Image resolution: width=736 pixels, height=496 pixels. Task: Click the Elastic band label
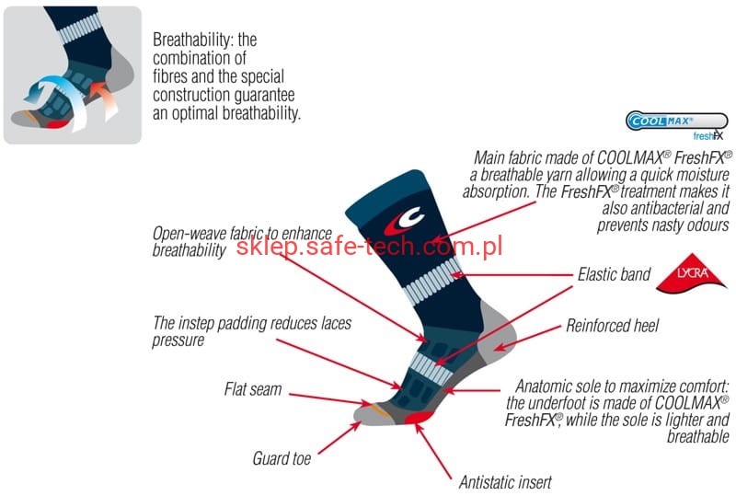pos(614,274)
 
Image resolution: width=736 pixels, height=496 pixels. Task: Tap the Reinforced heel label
pos(612,326)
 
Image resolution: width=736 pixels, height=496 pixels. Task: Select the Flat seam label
pos(253,389)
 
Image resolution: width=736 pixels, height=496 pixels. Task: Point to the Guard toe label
pos(282,457)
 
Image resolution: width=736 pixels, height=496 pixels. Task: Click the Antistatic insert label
pos(505,481)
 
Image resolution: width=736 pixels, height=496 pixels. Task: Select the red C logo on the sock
pos(402,222)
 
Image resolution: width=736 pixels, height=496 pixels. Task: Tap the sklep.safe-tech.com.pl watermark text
pos(368,246)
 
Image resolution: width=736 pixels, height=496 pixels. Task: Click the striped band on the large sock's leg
pos(431,281)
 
